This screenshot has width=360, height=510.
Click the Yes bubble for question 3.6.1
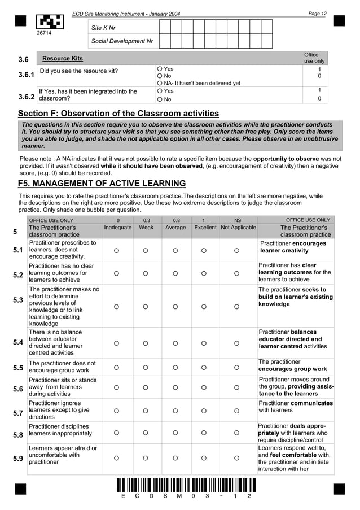click(x=160, y=68)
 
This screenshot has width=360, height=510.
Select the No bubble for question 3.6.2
click(x=160, y=99)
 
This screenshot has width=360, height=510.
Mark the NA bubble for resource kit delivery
click(x=160, y=83)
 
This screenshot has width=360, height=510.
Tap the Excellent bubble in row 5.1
click(x=205, y=250)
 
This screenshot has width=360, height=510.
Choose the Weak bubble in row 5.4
click(x=145, y=343)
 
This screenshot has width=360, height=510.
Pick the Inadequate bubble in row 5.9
click(x=118, y=459)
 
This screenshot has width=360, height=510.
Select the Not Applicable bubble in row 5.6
click(x=237, y=388)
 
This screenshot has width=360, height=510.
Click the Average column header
click(x=175, y=227)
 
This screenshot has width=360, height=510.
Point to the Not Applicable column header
click(x=238, y=227)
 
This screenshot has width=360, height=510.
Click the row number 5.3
click(x=17, y=300)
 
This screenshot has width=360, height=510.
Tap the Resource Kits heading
click(x=63, y=59)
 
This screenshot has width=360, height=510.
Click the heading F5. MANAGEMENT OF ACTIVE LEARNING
click(x=102, y=183)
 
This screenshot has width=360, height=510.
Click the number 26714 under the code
click(x=44, y=34)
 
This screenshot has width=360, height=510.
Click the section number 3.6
click(x=23, y=59)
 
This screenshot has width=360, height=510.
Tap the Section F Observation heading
click(x=118, y=114)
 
